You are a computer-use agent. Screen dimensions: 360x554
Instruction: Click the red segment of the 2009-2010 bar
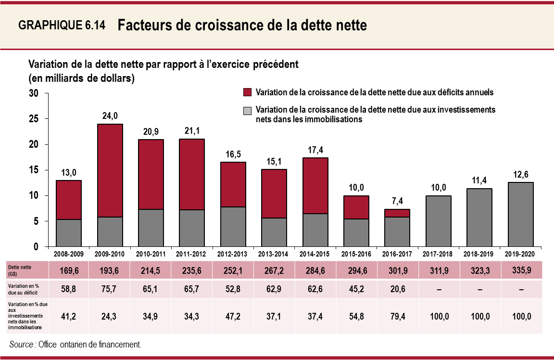110,170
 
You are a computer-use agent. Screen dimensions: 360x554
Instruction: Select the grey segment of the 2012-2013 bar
234,227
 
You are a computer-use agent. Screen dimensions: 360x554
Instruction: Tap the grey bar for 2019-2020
521,214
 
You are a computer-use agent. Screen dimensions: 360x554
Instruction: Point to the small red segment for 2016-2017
397,213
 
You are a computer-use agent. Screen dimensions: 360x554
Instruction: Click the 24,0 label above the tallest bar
110,116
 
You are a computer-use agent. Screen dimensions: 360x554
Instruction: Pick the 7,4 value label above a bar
397,201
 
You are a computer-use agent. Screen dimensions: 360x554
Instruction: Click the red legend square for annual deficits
248,92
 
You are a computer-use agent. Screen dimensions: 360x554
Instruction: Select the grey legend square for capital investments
248,110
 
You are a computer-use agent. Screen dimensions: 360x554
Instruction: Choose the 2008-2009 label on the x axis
68,253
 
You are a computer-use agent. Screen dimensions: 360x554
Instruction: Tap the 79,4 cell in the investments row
398,316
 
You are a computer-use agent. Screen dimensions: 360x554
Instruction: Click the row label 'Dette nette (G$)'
19,270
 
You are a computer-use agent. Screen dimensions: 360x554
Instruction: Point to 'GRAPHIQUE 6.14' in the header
62,26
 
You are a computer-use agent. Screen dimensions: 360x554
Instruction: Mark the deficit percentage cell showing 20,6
398,289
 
